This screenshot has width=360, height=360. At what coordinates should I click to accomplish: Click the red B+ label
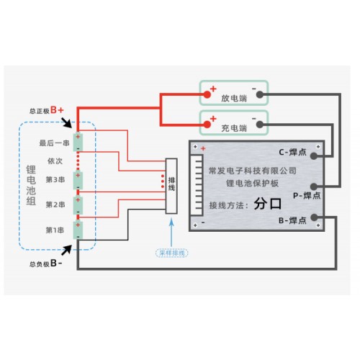tap(57, 110)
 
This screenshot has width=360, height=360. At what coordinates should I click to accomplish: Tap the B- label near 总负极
tap(56, 263)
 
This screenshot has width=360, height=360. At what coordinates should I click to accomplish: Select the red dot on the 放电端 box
tap(207, 94)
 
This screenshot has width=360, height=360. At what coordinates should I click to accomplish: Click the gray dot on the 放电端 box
tap(260, 94)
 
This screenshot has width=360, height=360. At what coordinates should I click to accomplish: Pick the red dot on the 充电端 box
tap(207, 125)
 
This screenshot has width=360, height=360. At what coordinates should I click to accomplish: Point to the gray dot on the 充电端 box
tap(260, 125)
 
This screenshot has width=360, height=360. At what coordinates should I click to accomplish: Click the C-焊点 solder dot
tap(314, 156)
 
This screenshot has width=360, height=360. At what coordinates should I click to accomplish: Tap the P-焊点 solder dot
tap(314, 186)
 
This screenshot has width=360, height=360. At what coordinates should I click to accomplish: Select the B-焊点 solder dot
tap(314, 217)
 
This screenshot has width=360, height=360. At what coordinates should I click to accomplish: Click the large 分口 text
tap(268, 204)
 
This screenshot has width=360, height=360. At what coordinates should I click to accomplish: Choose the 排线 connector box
tap(171, 186)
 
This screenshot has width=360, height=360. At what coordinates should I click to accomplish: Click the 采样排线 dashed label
tap(172, 253)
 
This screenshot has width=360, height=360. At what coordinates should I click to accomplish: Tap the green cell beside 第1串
tap(78, 230)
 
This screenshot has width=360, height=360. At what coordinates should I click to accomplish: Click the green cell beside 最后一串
tap(78, 142)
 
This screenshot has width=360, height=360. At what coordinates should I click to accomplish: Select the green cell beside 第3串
tap(78, 181)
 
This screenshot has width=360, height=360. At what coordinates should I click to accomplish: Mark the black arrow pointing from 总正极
tap(66, 122)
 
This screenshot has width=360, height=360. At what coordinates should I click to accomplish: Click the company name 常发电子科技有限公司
tap(253, 171)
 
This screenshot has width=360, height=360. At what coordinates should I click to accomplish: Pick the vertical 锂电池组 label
tap(31, 185)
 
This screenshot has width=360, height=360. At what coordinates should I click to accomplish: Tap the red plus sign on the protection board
tap(203, 148)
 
